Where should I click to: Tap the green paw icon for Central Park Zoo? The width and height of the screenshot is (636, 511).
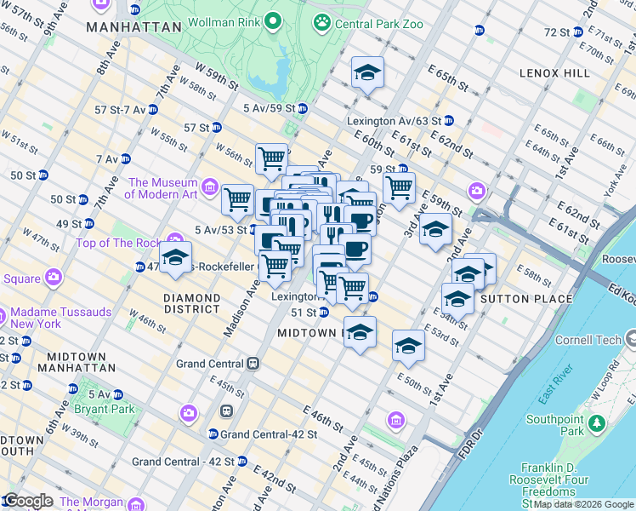click(323, 21)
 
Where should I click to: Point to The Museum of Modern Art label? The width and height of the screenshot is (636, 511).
click(162, 188)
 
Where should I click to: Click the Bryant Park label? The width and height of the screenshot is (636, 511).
click(111, 409)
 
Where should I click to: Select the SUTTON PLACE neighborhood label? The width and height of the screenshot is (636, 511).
click(516, 299)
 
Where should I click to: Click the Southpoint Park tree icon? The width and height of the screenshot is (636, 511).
click(597, 422)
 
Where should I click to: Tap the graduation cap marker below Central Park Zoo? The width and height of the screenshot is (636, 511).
click(367, 73)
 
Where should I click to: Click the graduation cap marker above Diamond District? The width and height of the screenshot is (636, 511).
click(176, 257)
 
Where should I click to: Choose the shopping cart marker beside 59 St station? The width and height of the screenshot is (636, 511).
click(399, 187)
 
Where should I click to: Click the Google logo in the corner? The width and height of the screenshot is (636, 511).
click(27, 501)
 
